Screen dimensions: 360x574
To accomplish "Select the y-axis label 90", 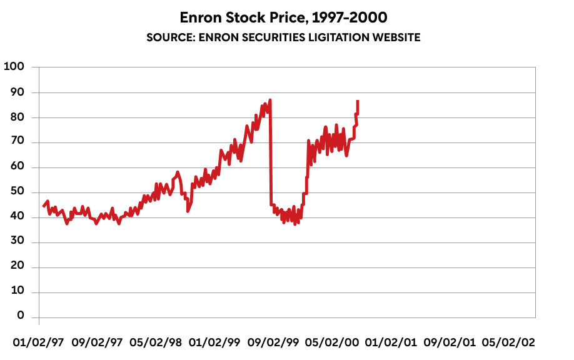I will tap(17, 92).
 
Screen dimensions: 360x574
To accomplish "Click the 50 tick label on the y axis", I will tap(17, 192).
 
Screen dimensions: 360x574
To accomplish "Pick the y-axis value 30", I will tap(17, 242).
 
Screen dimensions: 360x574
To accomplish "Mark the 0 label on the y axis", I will tap(21, 316).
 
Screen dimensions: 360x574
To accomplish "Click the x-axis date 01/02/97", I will tap(39, 342).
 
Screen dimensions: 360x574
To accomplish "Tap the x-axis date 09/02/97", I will tap(98, 342).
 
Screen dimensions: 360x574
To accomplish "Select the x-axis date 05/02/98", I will tap(156, 342).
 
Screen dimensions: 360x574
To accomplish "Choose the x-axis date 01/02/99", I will tap(214, 342).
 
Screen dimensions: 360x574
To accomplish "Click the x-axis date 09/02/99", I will tap(273, 342).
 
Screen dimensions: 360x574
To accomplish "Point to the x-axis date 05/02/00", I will tap(332, 342).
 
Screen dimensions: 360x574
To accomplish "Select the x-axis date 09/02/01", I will tap(449, 342).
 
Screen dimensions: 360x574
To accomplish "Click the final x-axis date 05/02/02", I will tap(508, 342).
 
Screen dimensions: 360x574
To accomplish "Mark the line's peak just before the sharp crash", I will tap(270, 99).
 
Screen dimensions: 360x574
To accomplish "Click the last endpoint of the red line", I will tap(358, 101).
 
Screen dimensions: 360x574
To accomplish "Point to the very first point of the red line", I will tap(43, 206).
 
